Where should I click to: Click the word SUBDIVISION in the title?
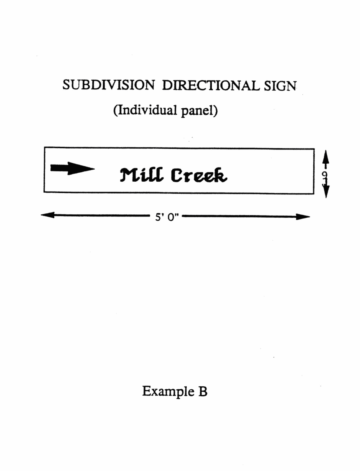point(108,85)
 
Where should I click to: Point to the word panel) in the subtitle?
point(199,111)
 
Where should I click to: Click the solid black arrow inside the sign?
point(72,168)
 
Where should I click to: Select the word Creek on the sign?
point(199,176)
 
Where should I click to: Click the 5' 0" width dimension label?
point(167,217)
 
